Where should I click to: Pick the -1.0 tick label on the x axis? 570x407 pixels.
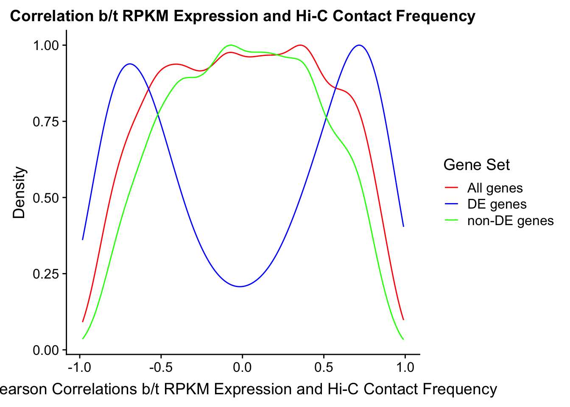coord(79,367)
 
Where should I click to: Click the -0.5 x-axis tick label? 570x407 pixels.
coord(161,367)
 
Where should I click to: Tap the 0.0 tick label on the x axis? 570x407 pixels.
coord(243,367)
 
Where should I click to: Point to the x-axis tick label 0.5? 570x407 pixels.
coord(324,367)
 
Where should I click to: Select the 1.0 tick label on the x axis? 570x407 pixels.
coord(405,367)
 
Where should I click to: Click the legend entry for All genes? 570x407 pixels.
coord(495,188)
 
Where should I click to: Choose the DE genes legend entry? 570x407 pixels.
coord(497,204)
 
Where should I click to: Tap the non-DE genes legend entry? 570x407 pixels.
coord(510,221)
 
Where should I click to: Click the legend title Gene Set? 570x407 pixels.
coord(476,165)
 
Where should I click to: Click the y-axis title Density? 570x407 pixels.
coord(19,192)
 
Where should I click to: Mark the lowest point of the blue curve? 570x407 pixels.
coord(240,287)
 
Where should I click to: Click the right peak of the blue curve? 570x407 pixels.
coord(360,45)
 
